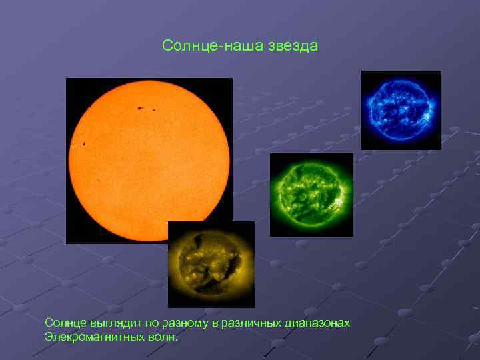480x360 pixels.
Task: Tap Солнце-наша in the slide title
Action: point(213,46)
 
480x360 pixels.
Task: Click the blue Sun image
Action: point(401,110)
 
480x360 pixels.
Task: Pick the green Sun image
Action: point(311,194)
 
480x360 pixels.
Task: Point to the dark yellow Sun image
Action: point(211,264)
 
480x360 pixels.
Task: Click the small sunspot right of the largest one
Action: point(154,110)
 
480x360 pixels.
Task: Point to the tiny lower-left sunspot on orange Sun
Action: point(99,181)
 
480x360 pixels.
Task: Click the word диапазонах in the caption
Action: point(318,323)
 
